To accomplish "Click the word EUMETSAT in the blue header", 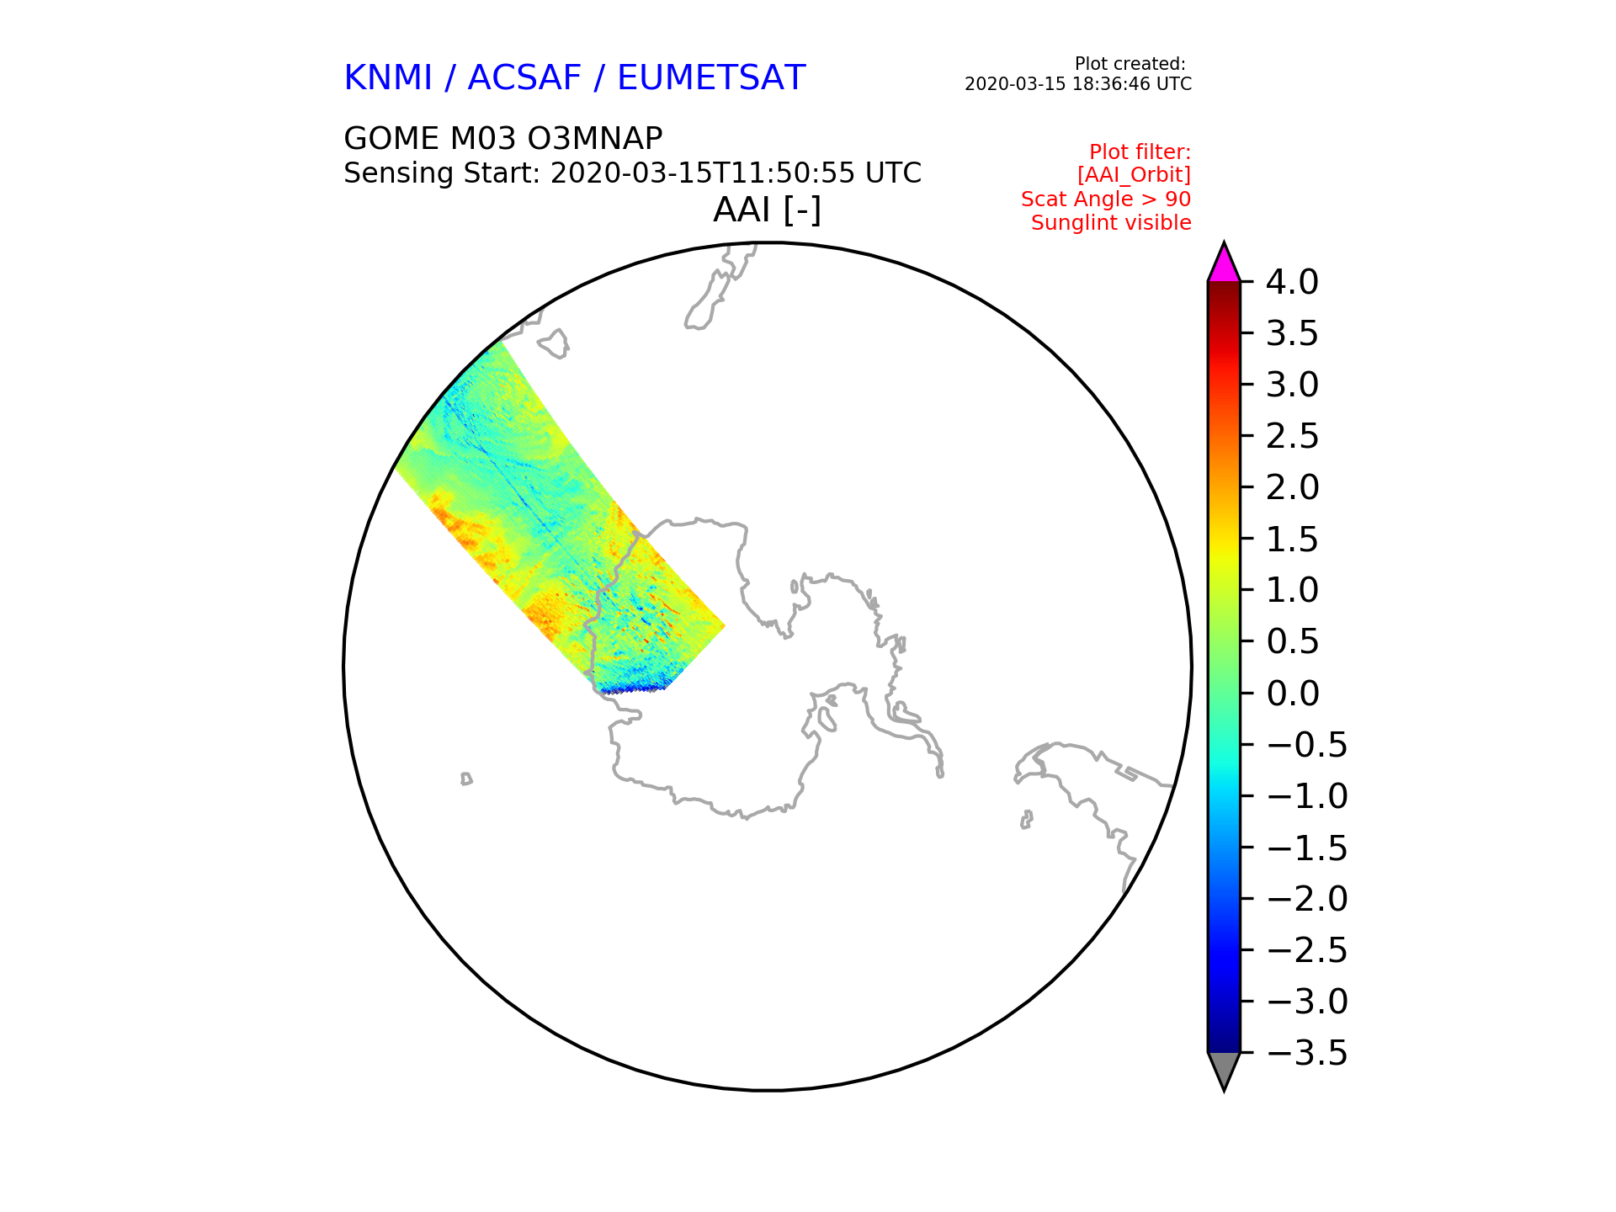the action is tap(711, 78).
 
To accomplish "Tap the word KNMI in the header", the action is tap(388, 78).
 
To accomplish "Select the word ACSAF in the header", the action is tap(524, 78).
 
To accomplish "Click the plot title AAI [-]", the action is tap(767, 210).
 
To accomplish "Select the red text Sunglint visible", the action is tap(1111, 223).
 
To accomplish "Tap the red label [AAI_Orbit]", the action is tap(1134, 175).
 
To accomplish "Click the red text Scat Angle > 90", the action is tap(1106, 199).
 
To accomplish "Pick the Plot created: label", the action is tap(1130, 64).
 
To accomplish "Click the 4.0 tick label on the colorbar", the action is tap(1292, 282).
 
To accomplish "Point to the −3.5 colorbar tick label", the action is tap(1307, 1053).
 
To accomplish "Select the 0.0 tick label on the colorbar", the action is tap(1292, 694).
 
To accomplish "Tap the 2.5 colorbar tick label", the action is tap(1292, 436).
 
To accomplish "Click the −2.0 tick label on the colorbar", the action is tap(1307, 899).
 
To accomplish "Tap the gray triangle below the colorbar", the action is tap(1224, 1068).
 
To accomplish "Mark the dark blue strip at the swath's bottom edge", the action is tap(631, 689).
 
